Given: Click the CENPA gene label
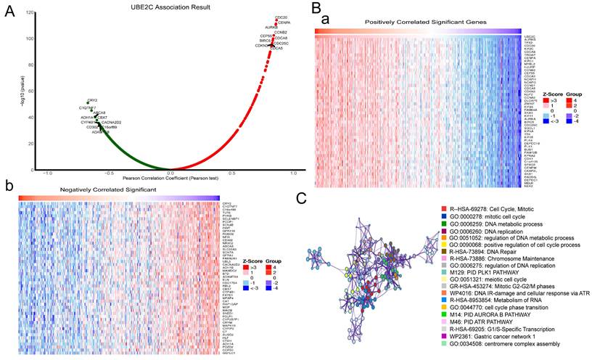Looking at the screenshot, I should (284, 23).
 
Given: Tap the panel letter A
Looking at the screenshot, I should (9, 12).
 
